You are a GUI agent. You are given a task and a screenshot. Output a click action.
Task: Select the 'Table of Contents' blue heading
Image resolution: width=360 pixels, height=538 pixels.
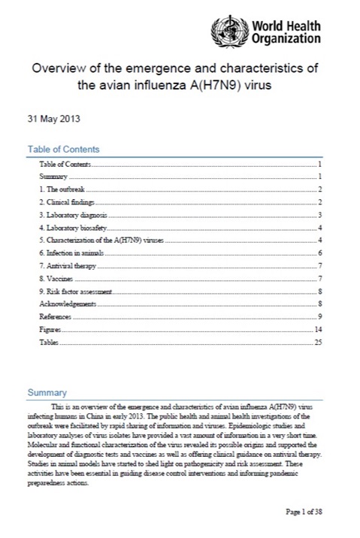tap(63, 150)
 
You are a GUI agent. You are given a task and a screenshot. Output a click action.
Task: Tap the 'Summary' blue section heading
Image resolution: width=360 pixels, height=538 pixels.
tap(47, 392)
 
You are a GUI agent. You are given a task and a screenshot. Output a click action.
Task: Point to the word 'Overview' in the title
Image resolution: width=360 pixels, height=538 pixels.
tap(56, 68)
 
